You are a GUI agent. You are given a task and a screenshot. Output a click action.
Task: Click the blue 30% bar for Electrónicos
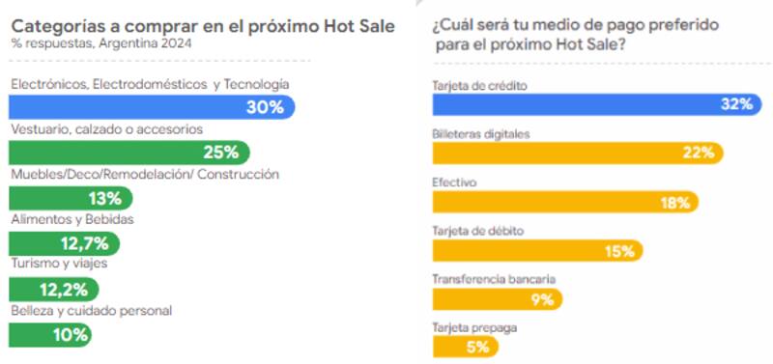(x=150, y=107)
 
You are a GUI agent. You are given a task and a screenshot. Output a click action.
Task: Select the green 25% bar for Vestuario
(x=128, y=152)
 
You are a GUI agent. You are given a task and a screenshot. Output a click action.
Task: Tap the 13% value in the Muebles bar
(x=103, y=198)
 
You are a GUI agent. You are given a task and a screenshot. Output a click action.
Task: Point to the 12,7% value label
(x=84, y=243)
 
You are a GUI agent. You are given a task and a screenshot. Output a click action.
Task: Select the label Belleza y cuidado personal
(x=91, y=311)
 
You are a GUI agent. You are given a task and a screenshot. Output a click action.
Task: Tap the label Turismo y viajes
(x=58, y=265)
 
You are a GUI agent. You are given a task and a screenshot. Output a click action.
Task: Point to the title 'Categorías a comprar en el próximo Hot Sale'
(x=202, y=26)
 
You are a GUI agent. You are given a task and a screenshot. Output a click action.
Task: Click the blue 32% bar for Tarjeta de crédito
(x=594, y=104)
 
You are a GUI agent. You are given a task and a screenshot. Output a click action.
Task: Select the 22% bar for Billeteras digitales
(x=576, y=153)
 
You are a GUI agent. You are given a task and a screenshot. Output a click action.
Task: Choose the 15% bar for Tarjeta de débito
(x=536, y=250)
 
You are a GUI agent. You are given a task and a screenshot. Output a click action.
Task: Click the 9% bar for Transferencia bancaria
(x=497, y=298)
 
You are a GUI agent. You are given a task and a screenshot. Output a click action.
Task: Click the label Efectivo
(x=454, y=181)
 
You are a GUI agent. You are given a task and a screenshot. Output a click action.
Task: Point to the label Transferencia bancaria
(x=494, y=278)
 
